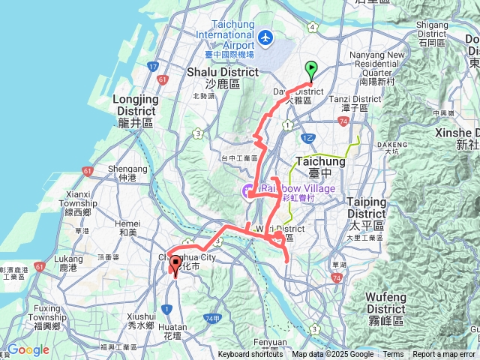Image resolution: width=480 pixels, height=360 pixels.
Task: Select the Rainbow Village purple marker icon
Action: pos(247,193)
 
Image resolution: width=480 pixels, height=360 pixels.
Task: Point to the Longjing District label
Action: pos(135,105)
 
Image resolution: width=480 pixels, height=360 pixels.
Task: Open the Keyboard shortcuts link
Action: pos(250,355)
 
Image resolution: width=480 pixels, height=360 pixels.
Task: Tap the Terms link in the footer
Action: pos(393,355)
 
